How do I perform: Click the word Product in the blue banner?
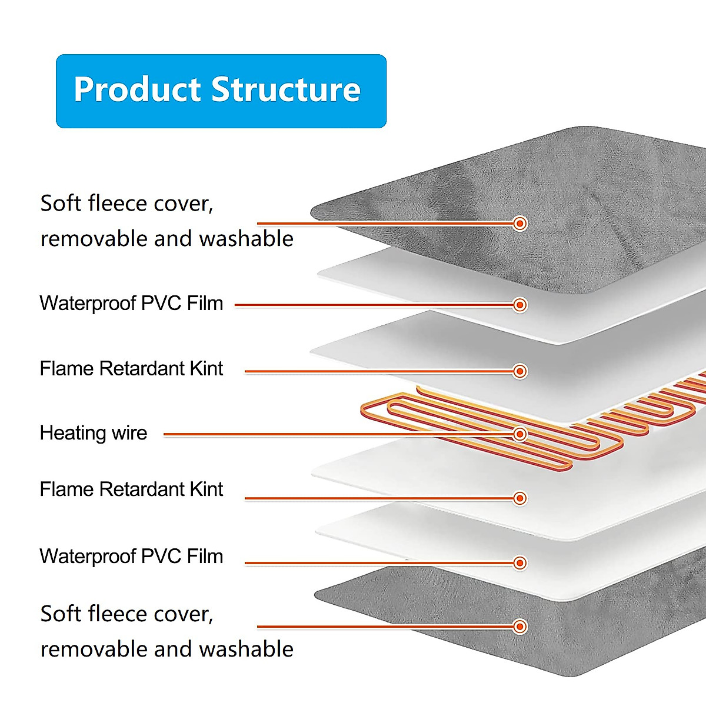pos(136,90)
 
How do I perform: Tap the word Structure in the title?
pos(286,90)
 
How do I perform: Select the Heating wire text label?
pos(94,433)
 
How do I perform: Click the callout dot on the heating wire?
pos(519,434)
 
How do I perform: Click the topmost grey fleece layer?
pos(588,194)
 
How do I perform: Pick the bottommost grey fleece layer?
pos(588,635)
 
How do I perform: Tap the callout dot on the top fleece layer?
pos(519,224)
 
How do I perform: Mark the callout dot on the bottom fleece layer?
pos(519,627)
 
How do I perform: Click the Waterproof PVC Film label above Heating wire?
pos(131,304)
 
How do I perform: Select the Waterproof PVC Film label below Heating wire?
pos(131,557)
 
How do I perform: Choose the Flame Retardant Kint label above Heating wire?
pos(131,369)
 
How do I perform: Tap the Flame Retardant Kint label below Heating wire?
pos(131,489)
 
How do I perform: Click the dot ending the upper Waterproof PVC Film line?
pos(519,305)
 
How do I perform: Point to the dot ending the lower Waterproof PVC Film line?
pos(519,563)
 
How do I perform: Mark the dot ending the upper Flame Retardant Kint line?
pos(519,371)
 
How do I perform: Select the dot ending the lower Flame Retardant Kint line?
pos(519,498)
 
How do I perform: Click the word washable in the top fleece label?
pos(246,239)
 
